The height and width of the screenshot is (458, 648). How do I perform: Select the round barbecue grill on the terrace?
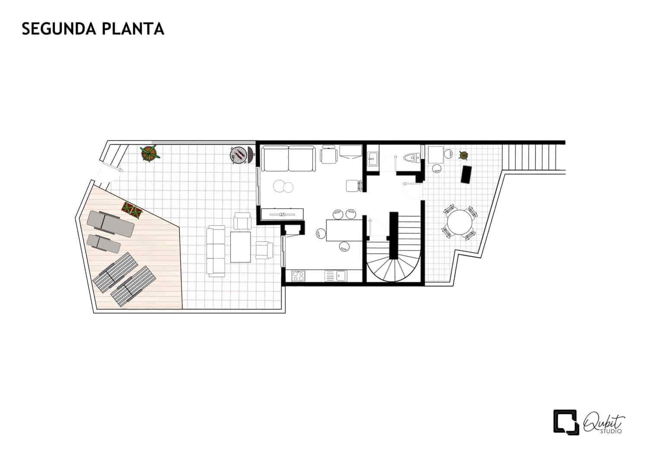[x=239, y=154]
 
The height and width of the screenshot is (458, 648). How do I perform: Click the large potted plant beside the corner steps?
[x=149, y=153]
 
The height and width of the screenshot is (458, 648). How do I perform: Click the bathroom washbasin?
[x=373, y=159]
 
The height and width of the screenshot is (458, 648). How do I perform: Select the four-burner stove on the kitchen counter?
[x=298, y=275]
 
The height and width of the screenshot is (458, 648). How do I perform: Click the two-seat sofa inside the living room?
[x=288, y=159]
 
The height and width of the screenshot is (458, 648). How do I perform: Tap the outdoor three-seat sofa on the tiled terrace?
[x=216, y=251]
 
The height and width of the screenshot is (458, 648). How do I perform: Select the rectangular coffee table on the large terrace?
[x=241, y=247]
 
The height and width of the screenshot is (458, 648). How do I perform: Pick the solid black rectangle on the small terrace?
[x=466, y=174]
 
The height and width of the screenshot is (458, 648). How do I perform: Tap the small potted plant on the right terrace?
[x=464, y=155]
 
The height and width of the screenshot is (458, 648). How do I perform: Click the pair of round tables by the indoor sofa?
[x=283, y=187]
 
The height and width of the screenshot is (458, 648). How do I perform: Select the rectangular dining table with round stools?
[x=344, y=230]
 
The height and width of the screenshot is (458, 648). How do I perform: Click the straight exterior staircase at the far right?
[x=533, y=156]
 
